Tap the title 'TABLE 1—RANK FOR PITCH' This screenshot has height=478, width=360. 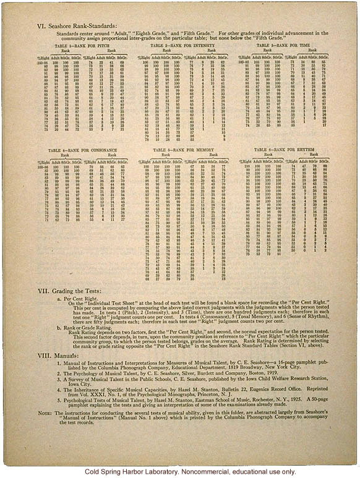(x=78, y=46)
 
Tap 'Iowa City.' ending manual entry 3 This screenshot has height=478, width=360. (x=75, y=397)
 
